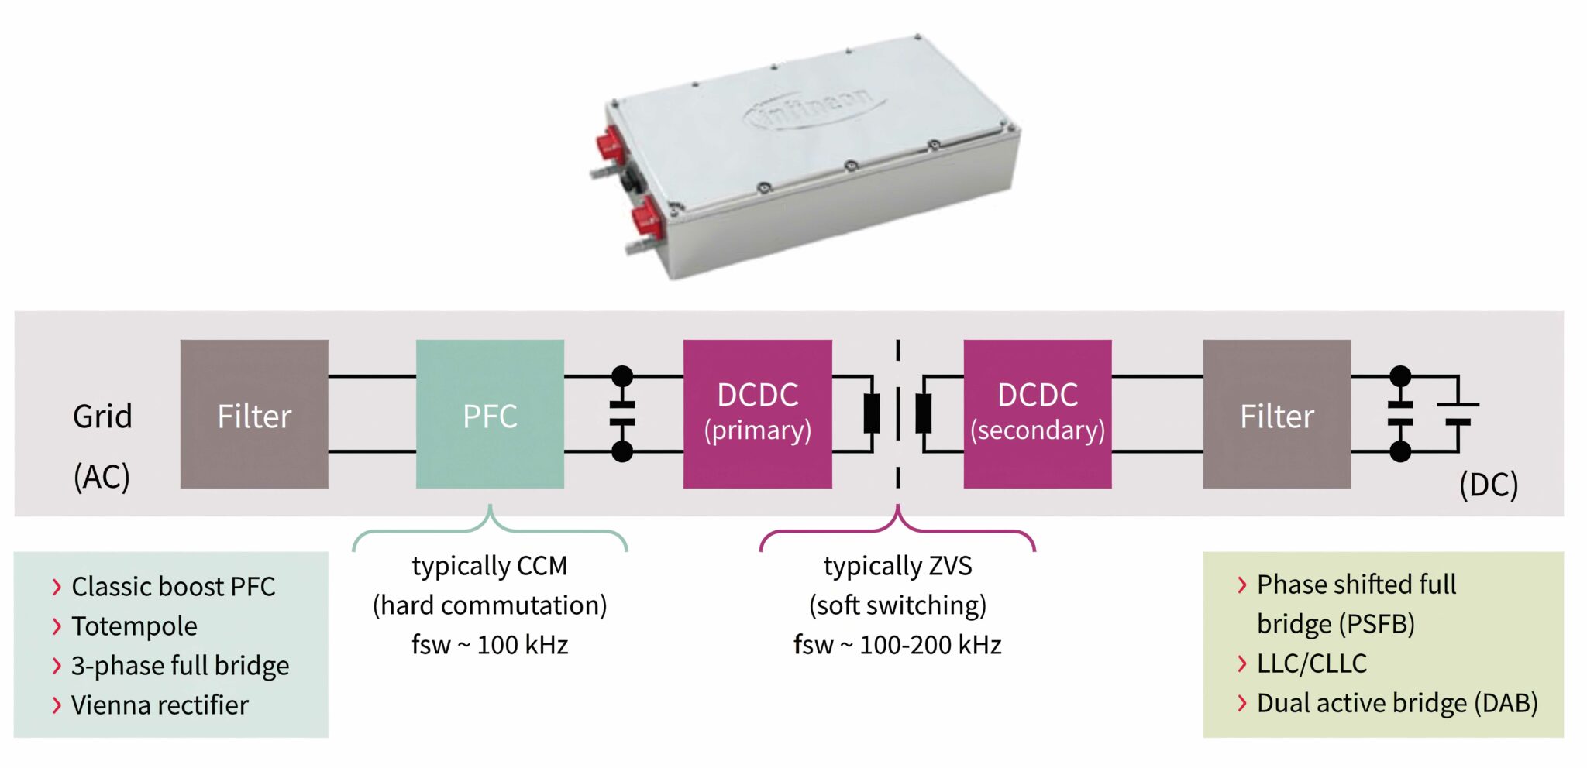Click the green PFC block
490,414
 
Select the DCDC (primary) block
757,414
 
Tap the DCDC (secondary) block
1037,414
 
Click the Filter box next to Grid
254,414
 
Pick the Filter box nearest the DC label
1276,414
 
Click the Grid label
102,417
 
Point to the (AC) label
102,476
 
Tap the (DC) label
1488,485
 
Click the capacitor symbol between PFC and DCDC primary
622,414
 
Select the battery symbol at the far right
1458,414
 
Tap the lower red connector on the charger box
645,218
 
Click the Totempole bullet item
134,626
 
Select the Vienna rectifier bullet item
160,705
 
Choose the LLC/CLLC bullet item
1311,663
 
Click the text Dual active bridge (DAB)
1396,703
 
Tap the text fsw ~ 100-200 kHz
897,644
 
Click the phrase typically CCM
490,566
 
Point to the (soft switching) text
897,605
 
